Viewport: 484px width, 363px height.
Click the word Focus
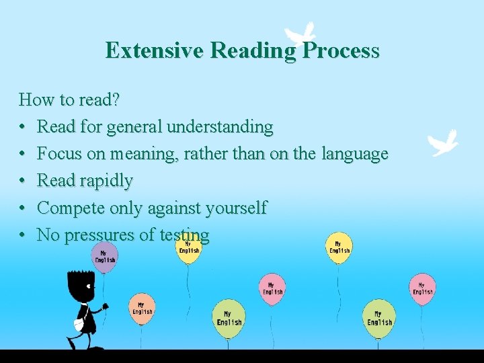tap(60, 154)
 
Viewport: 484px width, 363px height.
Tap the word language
tap(354, 155)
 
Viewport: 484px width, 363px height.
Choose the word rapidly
tap(106, 182)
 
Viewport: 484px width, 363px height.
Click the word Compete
tap(70, 208)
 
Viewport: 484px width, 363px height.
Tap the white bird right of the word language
tap(444, 143)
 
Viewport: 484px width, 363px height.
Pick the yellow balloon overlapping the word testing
tap(189, 247)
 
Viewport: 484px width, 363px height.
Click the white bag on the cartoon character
tap(79, 324)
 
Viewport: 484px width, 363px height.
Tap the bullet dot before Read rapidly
tap(23, 182)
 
